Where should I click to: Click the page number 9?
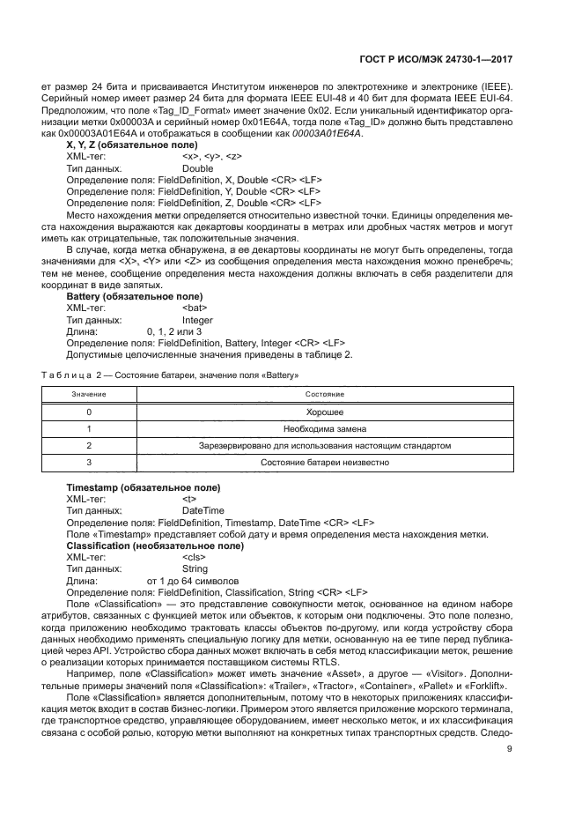[510, 750]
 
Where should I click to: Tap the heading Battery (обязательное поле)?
[134, 297]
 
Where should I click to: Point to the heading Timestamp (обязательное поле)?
[144, 487]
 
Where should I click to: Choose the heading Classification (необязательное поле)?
[155, 546]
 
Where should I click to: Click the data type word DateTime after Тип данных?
[203, 510]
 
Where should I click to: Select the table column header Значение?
[89, 393]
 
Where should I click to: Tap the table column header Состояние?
[325, 393]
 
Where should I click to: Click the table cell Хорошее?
[325, 412]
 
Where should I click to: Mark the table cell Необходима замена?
[325, 428]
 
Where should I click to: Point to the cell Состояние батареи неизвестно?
[325, 462]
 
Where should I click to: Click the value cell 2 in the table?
[89, 445]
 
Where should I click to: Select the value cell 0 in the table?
[89, 412]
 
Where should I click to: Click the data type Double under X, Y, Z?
[197, 167]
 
